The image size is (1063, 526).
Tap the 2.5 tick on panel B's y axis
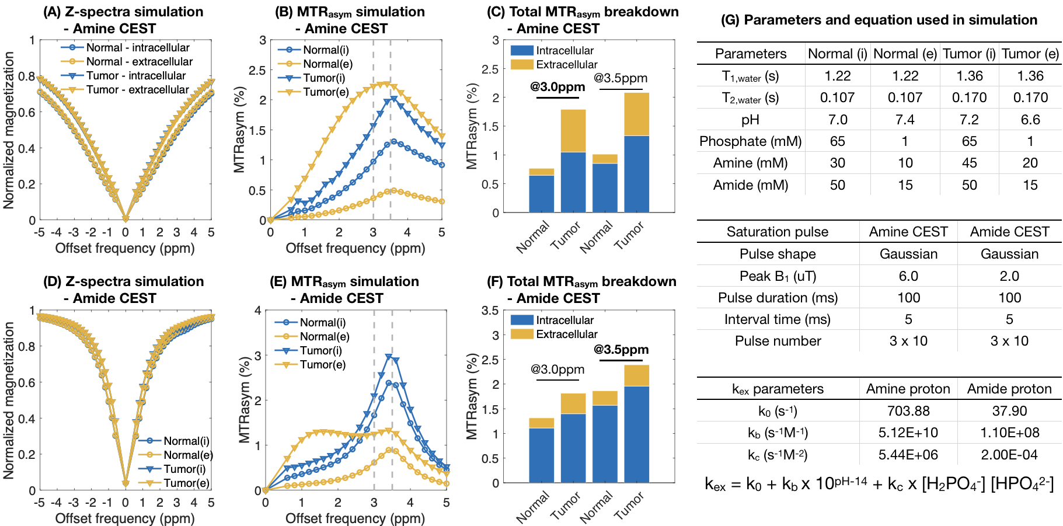[259, 71]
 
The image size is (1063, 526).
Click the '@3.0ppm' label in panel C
[557, 87]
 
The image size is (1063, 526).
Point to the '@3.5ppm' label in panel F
[621, 350]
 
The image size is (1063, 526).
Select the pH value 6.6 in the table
[1030, 120]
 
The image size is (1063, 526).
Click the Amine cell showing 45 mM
[969, 163]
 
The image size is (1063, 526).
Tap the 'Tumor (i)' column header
[969, 54]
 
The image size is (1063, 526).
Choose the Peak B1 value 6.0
[908, 276]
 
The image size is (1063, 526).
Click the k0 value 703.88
[908, 411]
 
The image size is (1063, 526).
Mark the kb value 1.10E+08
[1009, 433]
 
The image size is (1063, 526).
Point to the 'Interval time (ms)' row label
[778, 319]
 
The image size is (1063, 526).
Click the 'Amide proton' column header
[1009, 389]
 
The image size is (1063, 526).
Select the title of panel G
[879, 20]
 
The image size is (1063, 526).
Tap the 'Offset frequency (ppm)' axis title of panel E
[355, 518]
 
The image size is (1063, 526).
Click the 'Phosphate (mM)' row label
[751, 141]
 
